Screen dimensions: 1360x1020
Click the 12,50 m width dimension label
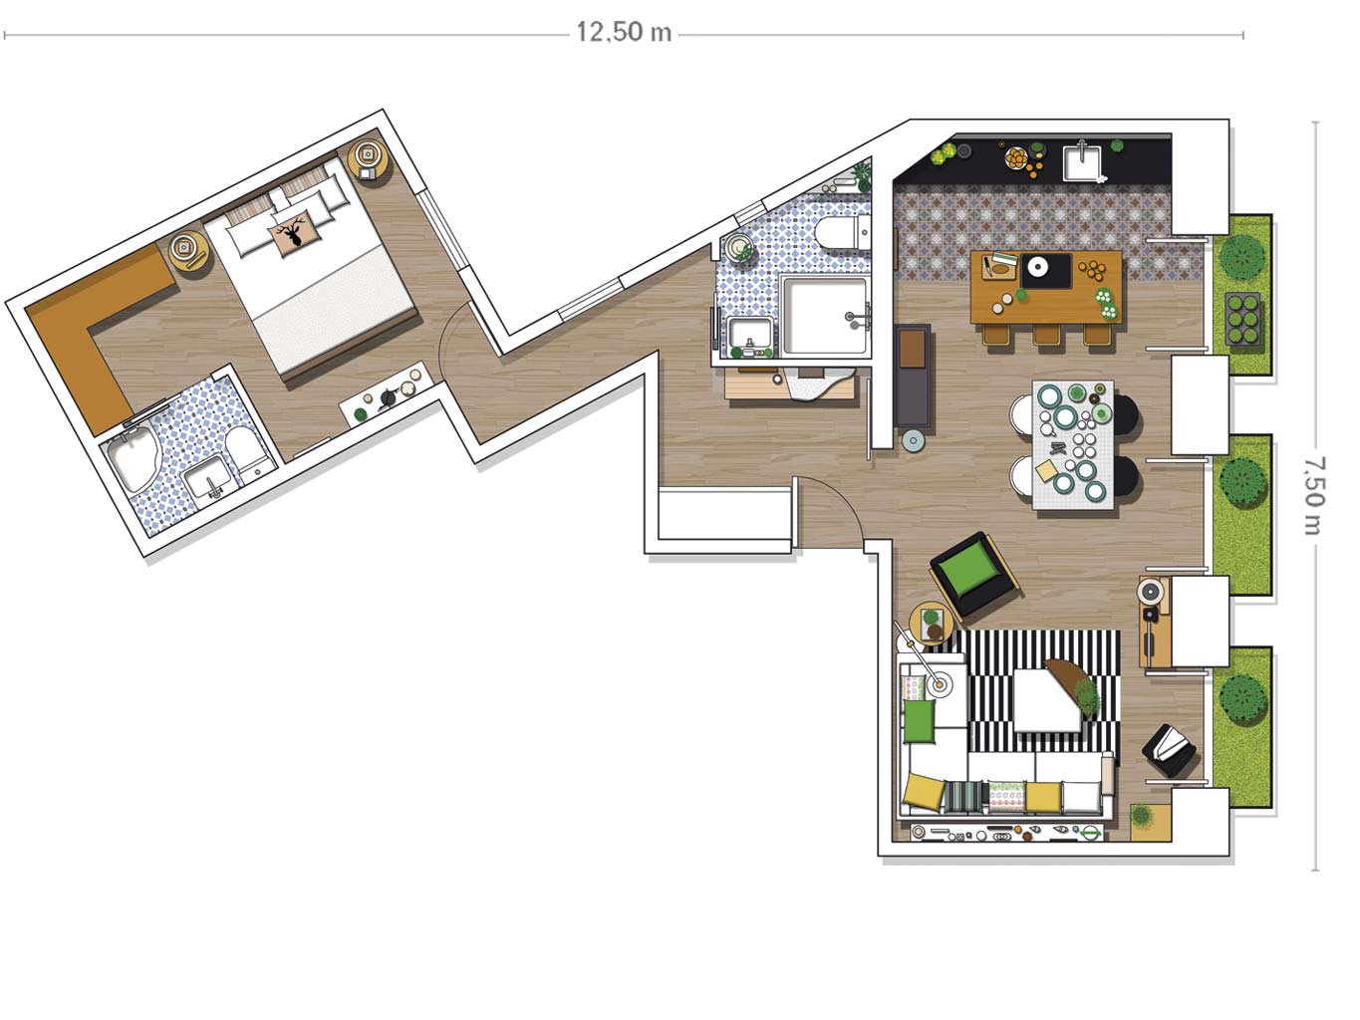624,32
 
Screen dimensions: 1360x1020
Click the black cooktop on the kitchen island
1046,270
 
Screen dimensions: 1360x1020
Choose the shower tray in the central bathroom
824,315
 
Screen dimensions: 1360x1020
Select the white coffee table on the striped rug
1046,700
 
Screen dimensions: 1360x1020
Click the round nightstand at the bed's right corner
369,157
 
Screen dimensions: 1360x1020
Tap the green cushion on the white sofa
919,720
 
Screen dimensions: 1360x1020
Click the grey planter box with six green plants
1242,319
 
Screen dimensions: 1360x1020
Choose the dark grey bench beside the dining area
913,376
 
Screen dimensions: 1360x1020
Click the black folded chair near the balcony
1169,751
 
